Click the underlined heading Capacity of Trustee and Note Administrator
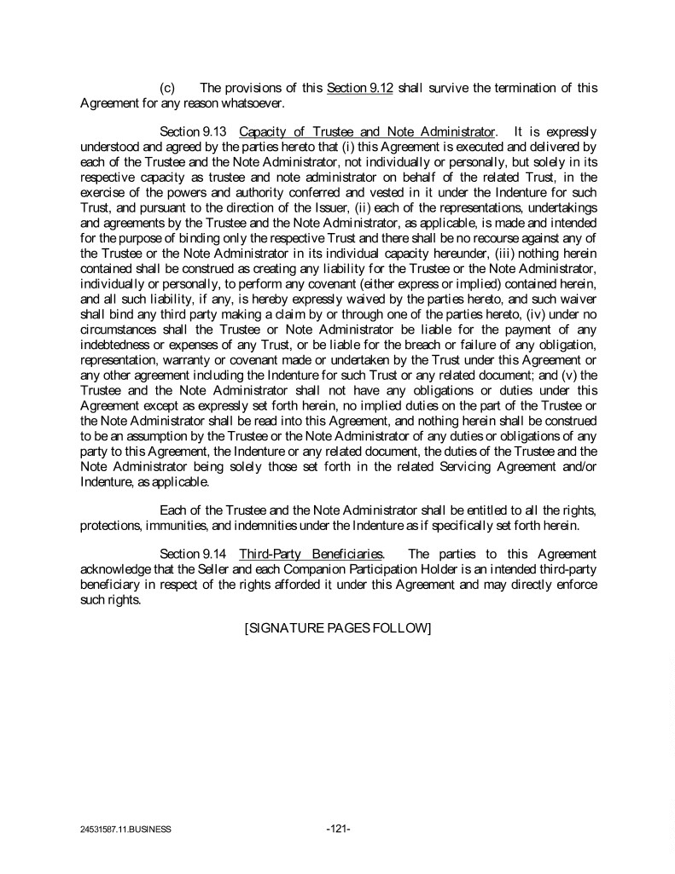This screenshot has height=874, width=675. tap(368, 131)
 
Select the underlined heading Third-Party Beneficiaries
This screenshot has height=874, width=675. tap(311, 556)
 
